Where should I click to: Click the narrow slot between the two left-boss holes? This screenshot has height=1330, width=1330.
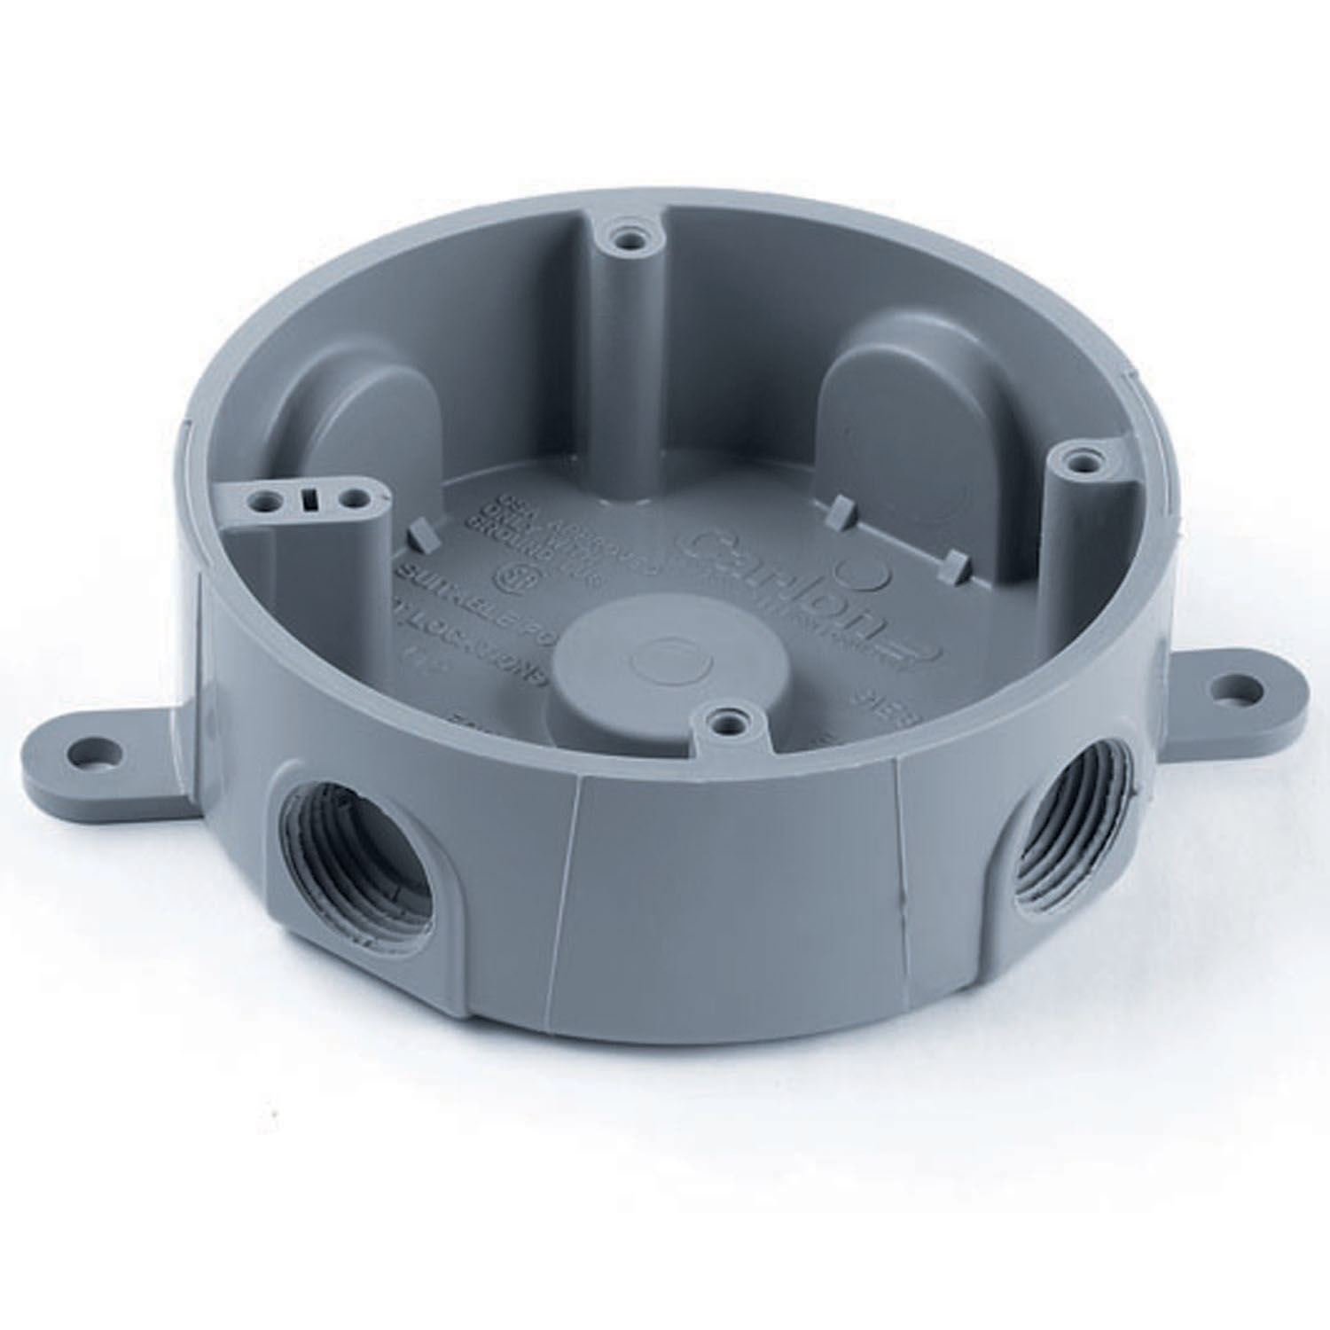(x=309, y=501)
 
